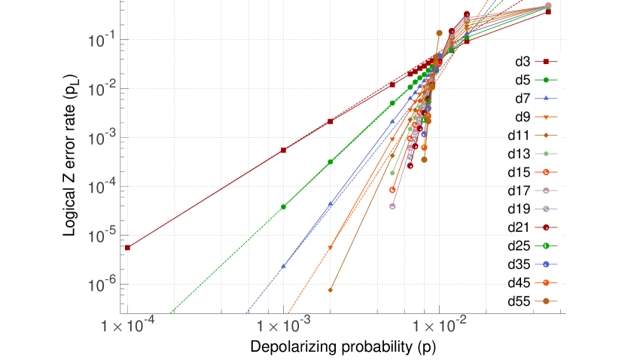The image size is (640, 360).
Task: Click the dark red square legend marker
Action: [x=546, y=62]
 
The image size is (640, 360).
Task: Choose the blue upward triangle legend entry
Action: [x=546, y=99]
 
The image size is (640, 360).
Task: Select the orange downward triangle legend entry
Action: [x=546, y=117]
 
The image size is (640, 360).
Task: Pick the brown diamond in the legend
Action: [x=546, y=136]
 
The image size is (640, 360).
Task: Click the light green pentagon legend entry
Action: [x=546, y=154]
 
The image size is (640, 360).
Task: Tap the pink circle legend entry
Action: [x=546, y=191]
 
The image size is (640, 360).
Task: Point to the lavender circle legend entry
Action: [x=546, y=209]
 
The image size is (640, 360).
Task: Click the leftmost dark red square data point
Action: [x=127, y=247]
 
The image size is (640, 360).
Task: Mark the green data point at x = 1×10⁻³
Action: [x=284, y=207]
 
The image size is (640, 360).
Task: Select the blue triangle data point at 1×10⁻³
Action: [x=284, y=266]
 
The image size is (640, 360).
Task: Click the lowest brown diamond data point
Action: [x=331, y=289]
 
